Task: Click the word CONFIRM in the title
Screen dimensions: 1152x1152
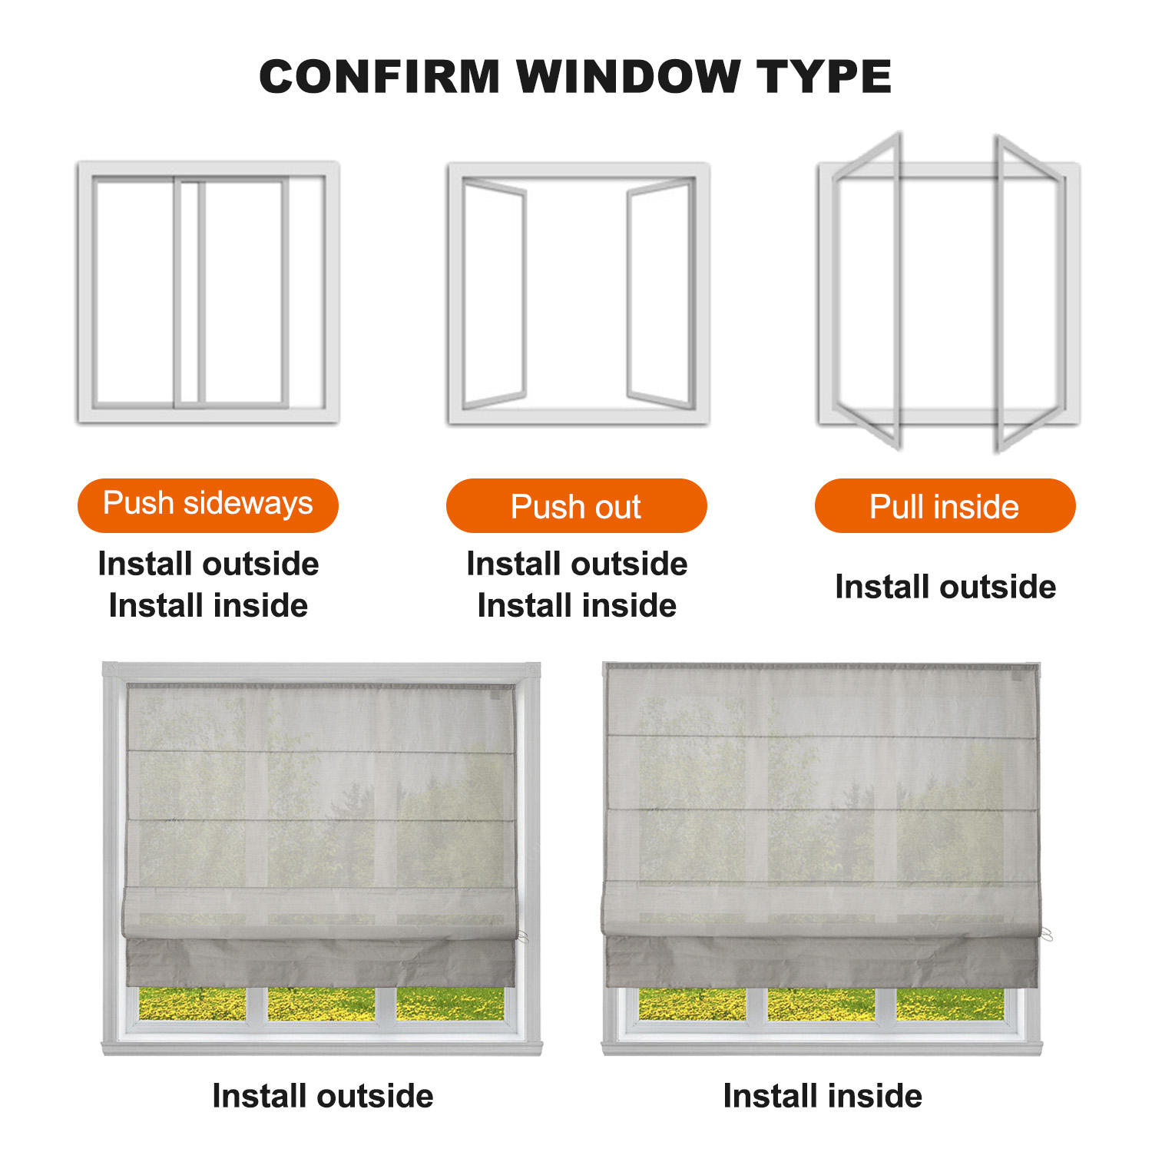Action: [379, 77]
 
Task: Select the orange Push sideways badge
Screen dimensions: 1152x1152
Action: [207, 505]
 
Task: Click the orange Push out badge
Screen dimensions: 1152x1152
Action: [576, 506]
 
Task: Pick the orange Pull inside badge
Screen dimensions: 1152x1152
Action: [945, 506]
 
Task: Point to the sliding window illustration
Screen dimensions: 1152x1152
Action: [207, 292]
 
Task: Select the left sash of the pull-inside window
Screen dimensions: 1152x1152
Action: [868, 292]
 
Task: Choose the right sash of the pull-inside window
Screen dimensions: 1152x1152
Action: [1029, 292]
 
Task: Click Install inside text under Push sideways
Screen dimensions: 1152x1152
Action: [208, 605]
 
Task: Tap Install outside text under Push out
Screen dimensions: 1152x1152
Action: [577, 564]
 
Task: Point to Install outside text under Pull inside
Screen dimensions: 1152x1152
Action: [945, 587]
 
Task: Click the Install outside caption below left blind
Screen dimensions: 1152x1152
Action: [323, 1096]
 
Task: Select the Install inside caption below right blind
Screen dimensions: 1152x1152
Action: [823, 1096]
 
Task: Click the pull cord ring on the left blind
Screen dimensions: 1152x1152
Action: [523, 937]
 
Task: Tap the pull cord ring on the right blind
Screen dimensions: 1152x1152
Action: [1046, 934]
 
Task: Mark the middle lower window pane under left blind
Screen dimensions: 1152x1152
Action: [321, 1004]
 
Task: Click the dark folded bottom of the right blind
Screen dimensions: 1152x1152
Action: [822, 960]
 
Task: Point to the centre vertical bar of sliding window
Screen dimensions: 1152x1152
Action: [189, 292]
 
